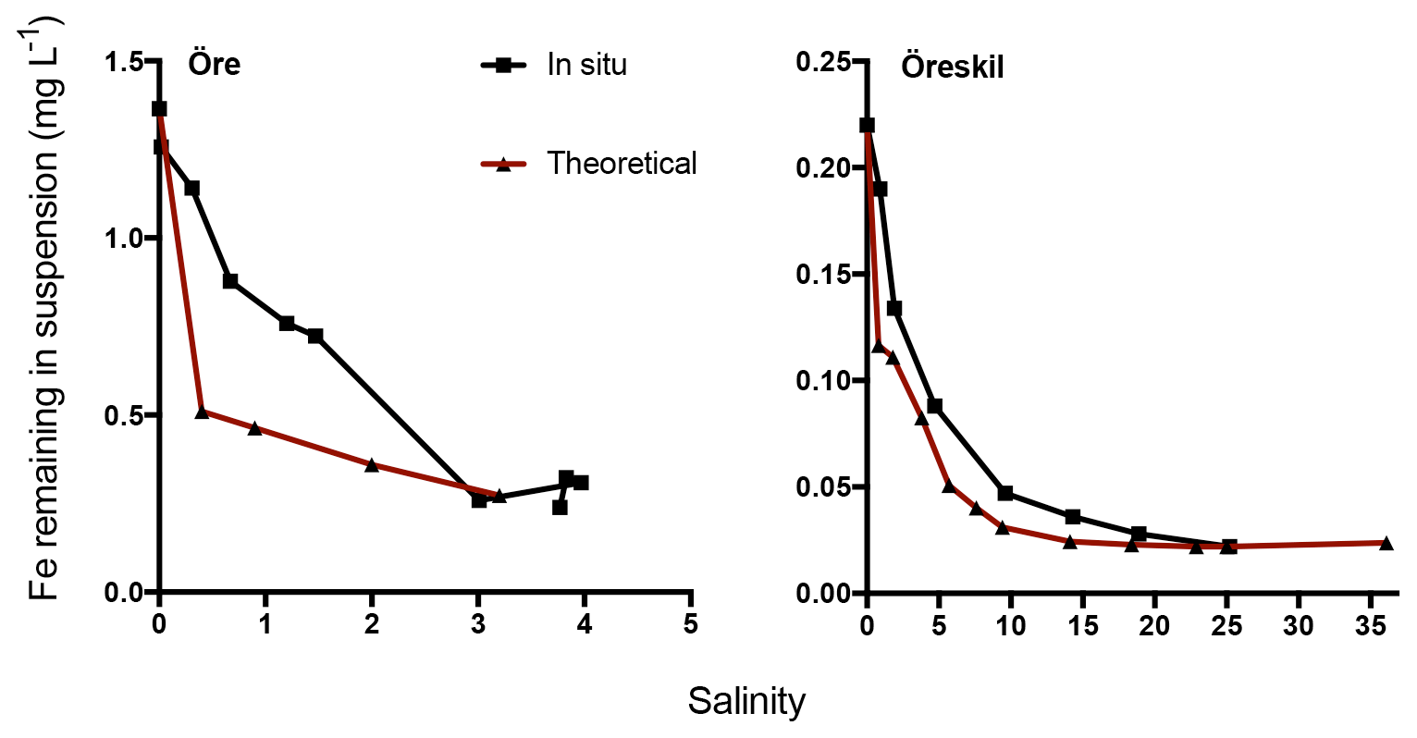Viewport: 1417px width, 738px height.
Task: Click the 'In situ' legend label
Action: [586, 65]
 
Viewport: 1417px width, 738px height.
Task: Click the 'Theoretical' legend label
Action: [622, 163]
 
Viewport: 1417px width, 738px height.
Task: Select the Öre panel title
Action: [214, 64]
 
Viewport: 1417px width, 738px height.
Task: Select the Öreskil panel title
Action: [953, 68]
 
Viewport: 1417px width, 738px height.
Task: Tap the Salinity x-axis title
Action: [746, 701]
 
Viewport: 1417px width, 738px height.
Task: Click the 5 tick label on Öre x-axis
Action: [690, 625]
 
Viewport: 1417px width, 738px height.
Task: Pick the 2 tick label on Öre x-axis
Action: [372, 625]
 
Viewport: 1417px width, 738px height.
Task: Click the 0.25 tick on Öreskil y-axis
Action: [828, 62]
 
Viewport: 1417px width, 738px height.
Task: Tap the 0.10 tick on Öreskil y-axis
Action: [828, 380]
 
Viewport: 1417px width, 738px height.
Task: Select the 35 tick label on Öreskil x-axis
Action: [1371, 625]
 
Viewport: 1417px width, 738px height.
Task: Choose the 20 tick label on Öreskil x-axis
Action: [1154, 625]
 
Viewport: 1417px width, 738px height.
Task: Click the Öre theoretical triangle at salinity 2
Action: [372, 464]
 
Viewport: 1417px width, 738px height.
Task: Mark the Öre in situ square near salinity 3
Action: [479, 499]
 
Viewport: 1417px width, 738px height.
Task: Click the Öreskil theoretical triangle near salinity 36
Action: [1386, 543]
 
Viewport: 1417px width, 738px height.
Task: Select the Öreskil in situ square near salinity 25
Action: [1229, 547]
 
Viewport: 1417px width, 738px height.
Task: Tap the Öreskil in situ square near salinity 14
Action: [1073, 516]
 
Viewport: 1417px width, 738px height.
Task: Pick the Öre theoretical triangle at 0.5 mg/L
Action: [202, 412]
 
